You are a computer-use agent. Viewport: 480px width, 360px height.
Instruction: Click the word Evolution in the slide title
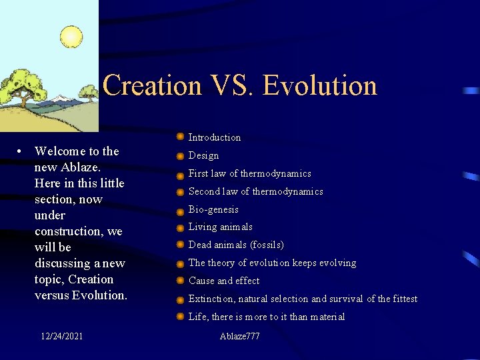(x=320, y=85)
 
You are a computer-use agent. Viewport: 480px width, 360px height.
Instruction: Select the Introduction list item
(x=215, y=137)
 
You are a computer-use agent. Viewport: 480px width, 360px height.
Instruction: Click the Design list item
(x=203, y=155)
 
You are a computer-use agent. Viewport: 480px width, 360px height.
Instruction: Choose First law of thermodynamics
(x=250, y=173)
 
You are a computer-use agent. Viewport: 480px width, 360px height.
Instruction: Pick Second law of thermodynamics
(x=256, y=191)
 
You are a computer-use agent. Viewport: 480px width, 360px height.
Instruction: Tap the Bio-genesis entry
(x=213, y=209)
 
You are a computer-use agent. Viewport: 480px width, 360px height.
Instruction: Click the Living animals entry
(x=221, y=227)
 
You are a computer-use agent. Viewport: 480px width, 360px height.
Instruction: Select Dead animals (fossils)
(x=236, y=245)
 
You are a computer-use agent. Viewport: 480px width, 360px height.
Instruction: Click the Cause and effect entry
(x=224, y=281)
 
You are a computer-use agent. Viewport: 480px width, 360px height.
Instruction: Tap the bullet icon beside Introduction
(x=180, y=137)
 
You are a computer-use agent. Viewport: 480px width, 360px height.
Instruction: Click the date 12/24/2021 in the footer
(x=61, y=336)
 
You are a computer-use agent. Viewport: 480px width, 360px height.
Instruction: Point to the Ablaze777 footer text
(x=239, y=336)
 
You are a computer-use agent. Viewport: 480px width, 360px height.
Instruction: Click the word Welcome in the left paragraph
(x=61, y=151)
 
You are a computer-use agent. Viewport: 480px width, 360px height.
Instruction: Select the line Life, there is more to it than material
(x=267, y=317)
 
